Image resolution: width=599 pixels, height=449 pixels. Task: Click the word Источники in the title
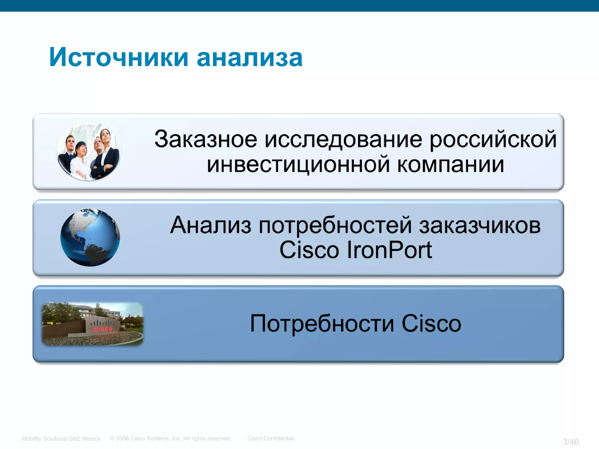click(118, 57)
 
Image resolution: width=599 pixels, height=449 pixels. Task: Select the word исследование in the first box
click(343, 139)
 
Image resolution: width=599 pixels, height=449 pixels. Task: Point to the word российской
click(493, 139)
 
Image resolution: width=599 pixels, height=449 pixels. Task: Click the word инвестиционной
click(298, 165)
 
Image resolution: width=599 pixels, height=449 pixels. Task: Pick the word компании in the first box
click(451, 165)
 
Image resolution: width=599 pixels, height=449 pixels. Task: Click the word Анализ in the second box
click(211, 226)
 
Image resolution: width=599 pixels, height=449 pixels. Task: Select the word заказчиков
click(480, 226)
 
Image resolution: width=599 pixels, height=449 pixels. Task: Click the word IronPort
click(389, 250)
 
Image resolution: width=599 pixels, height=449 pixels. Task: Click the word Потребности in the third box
click(322, 324)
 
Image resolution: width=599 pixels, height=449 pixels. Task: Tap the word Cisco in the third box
click(431, 324)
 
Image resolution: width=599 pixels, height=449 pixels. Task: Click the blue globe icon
click(90, 237)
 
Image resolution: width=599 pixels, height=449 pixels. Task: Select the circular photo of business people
click(89, 151)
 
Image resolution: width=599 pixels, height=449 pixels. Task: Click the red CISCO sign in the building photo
click(103, 329)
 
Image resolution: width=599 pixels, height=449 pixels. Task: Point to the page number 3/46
click(570, 442)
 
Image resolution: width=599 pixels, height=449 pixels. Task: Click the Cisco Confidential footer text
click(271, 438)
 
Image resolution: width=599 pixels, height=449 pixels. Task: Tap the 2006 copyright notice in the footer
click(171, 438)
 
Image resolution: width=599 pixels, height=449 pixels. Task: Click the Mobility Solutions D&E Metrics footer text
click(61, 439)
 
